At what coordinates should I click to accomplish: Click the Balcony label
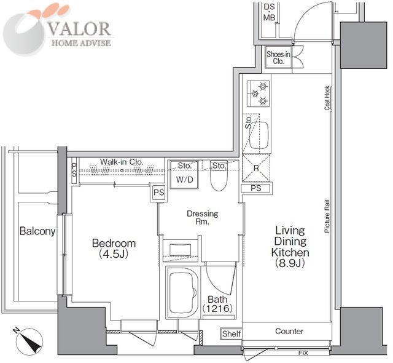37,231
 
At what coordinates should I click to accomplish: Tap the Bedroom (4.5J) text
114,249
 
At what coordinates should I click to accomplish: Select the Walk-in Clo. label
122,162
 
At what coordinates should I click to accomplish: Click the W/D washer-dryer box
184,175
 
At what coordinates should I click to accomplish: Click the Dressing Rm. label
203,218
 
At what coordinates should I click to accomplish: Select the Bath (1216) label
217,304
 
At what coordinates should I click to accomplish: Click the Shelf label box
231,333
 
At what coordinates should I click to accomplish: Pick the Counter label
289,331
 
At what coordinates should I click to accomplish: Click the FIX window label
303,353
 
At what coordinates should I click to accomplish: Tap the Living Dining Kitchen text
290,247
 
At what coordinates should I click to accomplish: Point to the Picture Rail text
327,216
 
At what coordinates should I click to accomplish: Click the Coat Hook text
327,98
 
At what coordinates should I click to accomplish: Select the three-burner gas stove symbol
258,94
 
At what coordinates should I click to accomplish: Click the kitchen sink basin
259,135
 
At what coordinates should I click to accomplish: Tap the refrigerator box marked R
256,168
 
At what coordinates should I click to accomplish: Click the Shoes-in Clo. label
278,57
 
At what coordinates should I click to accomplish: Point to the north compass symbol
29,341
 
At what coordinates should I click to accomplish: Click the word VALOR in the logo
79,29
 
